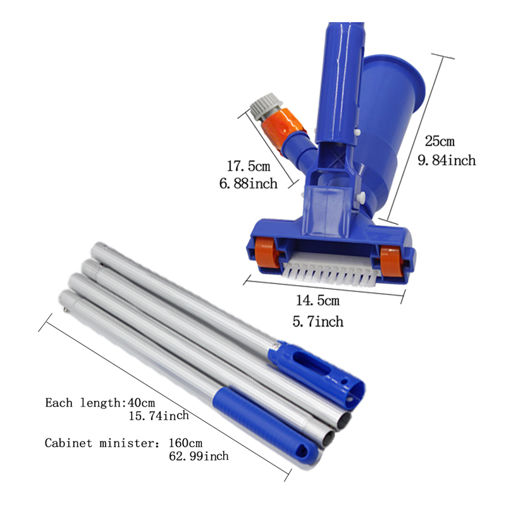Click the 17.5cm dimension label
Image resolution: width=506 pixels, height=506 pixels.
pos(249,166)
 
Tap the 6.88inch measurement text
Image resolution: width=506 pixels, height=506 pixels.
pos(248,183)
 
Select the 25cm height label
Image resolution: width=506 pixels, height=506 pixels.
pos(440,141)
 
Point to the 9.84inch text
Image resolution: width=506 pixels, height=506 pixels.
pos(447,161)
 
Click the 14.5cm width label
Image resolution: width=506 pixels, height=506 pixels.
pos(318,301)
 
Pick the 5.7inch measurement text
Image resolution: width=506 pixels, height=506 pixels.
pos(318,322)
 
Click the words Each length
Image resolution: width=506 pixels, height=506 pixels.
pos(83,403)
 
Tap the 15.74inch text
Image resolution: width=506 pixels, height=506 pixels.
pos(159,416)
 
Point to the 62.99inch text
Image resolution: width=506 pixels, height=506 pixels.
pos(199,456)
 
